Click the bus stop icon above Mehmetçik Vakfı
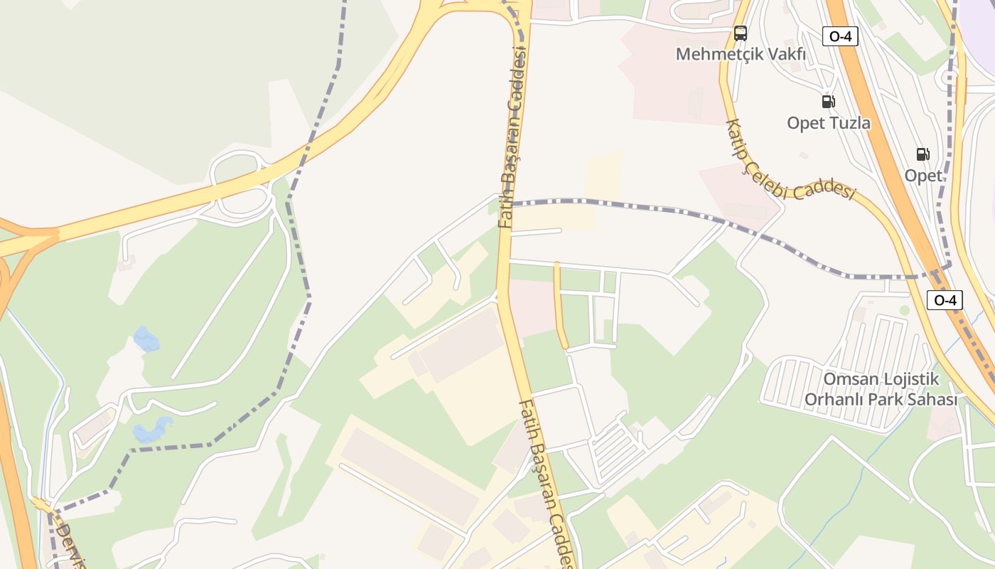click(741, 33)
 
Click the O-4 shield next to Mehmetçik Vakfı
click(840, 36)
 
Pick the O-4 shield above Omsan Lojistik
click(945, 300)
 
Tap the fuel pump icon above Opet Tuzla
click(828, 102)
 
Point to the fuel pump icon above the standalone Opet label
click(923, 154)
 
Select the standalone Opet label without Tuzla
click(923, 175)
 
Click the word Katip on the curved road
click(735, 138)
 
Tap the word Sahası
click(932, 400)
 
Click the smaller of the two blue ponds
click(146, 339)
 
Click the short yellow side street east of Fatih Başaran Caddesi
click(561, 306)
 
